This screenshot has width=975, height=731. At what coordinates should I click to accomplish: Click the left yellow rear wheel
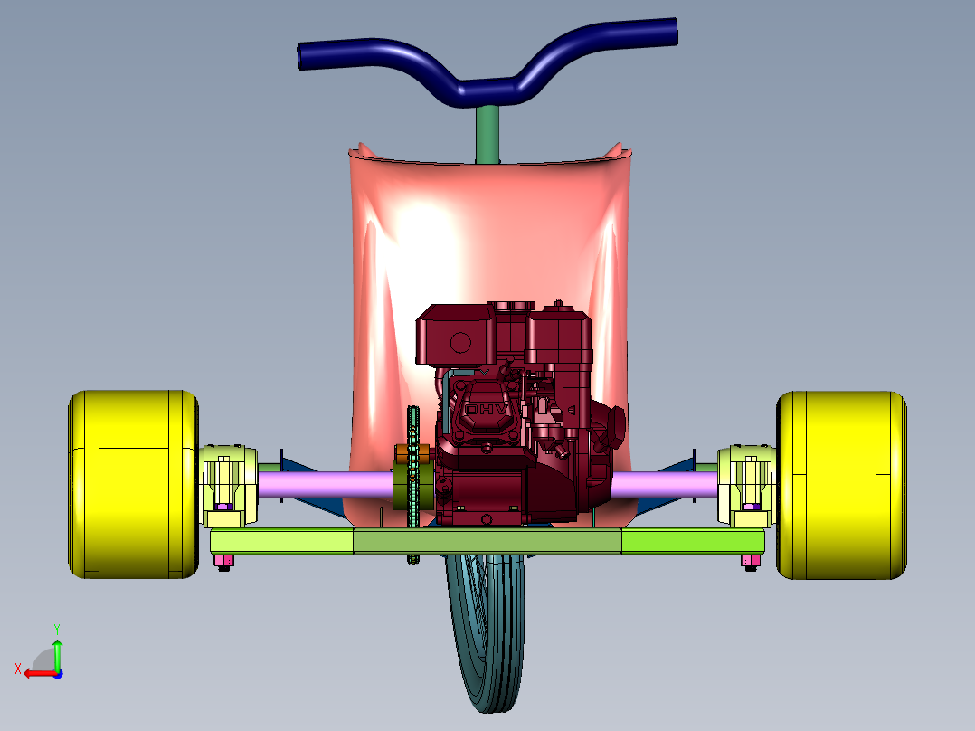(133, 485)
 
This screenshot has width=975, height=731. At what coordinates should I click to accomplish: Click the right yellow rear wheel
(841, 485)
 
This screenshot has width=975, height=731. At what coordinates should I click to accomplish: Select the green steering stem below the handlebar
(488, 134)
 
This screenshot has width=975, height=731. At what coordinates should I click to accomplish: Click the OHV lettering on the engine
(487, 410)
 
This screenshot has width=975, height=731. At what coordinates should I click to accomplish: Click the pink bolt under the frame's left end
(223, 562)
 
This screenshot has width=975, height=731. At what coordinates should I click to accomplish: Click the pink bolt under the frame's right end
(751, 562)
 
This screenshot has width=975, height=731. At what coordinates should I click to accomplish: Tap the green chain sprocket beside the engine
(413, 485)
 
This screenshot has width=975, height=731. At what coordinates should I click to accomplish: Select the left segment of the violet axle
(325, 485)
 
